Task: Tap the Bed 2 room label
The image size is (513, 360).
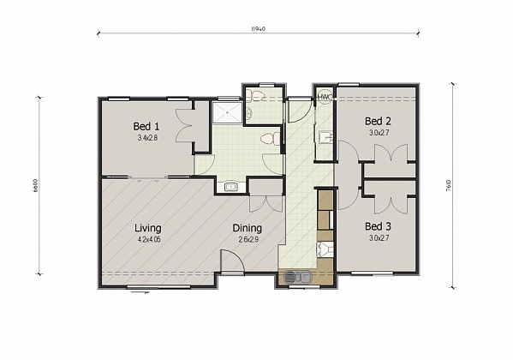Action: click(378, 121)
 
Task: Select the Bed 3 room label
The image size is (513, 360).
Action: click(378, 225)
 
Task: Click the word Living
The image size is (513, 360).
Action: click(148, 228)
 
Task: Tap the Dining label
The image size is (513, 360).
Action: click(248, 228)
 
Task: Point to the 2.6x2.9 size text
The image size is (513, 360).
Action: click(248, 239)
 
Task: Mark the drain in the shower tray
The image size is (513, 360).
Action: click(227, 108)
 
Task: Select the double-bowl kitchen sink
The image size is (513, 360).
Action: click(295, 277)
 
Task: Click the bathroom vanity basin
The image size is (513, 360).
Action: click(230, 186)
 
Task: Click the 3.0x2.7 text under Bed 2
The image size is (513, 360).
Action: click(378, 132)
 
